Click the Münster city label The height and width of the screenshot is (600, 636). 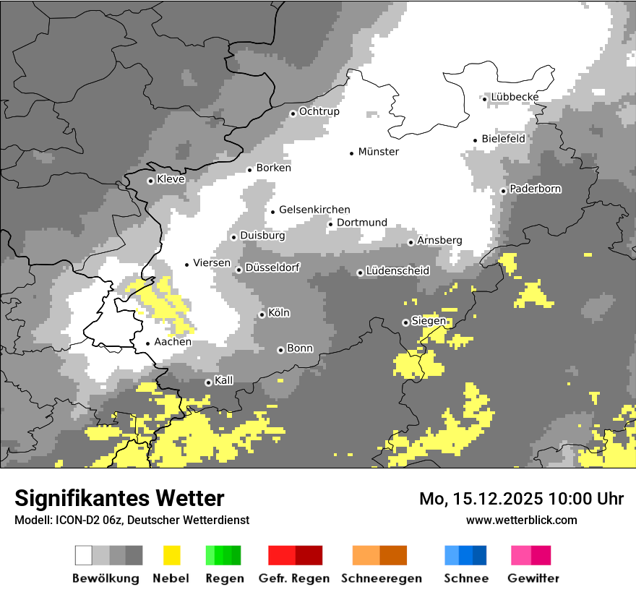tap(378, 152)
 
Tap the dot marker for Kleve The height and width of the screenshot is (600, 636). tap(150, 181)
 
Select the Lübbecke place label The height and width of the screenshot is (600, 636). tap(515, 97)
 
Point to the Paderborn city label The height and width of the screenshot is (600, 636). tap(535, 189)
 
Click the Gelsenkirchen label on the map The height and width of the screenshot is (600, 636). tap(314, 210)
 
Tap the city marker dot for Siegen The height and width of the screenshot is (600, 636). tap(405, 322)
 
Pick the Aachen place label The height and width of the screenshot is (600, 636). tap(173, 342)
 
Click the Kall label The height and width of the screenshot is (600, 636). tap(224, 380)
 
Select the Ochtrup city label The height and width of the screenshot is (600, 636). tap(319, 111)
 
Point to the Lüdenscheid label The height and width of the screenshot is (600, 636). tap(397, 271)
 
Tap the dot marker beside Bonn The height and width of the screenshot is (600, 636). tap(281, 350)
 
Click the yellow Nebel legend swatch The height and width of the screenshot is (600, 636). tap(171, 555)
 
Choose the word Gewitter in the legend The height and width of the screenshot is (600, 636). tap(533, 578)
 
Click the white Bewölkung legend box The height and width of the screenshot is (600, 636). tap(84, 555)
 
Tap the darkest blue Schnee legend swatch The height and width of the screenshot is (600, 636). tap(479, 555)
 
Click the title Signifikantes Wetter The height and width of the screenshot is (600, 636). tap(119, 498)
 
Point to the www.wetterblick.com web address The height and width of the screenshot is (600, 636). tap(521, 520)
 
